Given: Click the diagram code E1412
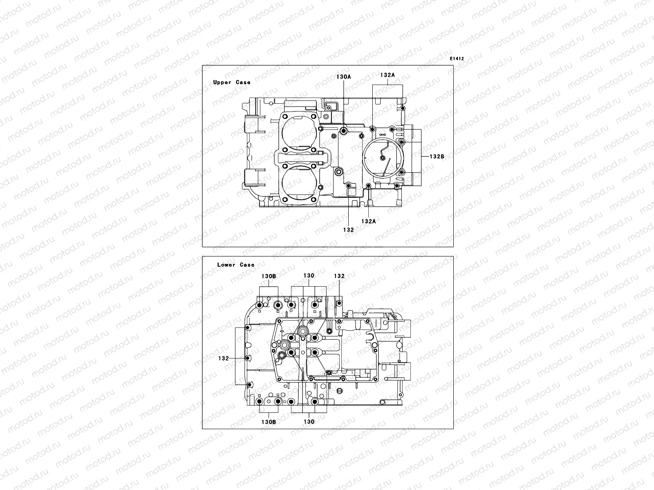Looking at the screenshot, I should point(457,59).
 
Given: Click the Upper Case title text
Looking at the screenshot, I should point(232,82).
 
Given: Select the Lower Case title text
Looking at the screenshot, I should point(235,265).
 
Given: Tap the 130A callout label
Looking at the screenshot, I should point(344,76).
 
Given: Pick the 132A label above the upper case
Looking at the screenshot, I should point(387,75).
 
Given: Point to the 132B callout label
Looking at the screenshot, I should point(437,156).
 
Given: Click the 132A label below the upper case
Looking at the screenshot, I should point(368,221).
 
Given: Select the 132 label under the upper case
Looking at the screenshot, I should point(348,230).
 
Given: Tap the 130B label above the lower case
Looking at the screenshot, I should point(269,276).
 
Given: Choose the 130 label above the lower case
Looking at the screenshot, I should point(309,276).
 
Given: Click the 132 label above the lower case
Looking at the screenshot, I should point(339,276).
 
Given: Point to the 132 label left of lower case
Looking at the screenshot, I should point(223,359).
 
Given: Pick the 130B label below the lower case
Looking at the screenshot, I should point(269,422).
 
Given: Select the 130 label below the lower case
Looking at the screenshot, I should point(309,422).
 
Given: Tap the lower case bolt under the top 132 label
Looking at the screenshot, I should point(339,303).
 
